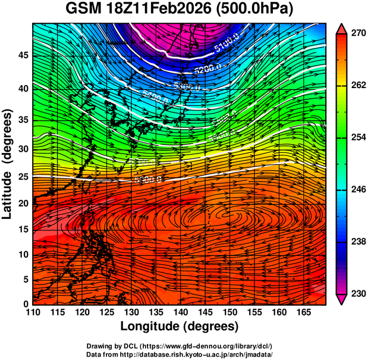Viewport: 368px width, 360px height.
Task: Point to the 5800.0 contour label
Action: point(147,179)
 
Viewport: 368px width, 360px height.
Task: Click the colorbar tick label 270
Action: point(355,33)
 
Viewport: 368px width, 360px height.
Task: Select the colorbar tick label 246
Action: point(355,189)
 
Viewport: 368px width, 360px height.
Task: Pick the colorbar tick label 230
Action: point(355,293)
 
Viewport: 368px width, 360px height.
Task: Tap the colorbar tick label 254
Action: point(355,137)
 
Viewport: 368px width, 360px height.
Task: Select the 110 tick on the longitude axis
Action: point(33,312)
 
